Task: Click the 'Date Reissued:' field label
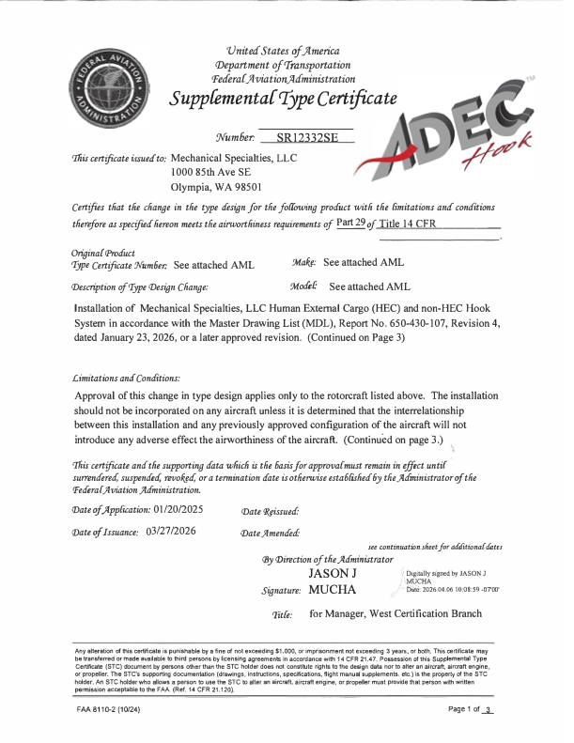(x=271, y=510)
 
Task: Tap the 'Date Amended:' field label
(x=271, y=533)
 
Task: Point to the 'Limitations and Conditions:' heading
(x=125, y=377)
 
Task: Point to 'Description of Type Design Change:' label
(x=140, y=286)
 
